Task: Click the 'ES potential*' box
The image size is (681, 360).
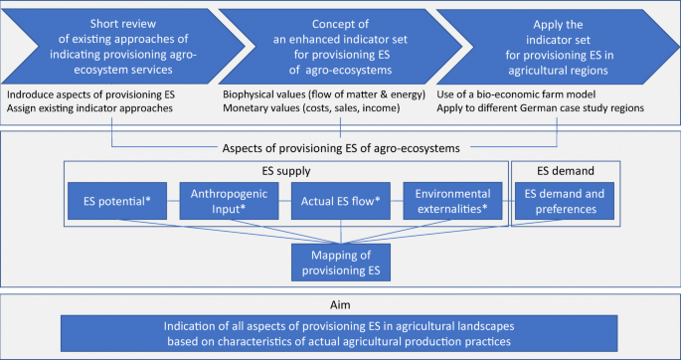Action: click(x=114, y=202)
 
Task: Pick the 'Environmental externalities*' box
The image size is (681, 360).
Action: click(x=454, y=202)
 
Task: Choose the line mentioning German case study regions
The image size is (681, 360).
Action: click(x=559, y=107)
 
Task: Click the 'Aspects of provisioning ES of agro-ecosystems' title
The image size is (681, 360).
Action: click(x=339, y=148)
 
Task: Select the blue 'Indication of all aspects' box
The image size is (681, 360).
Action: click(x=339, y=332)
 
